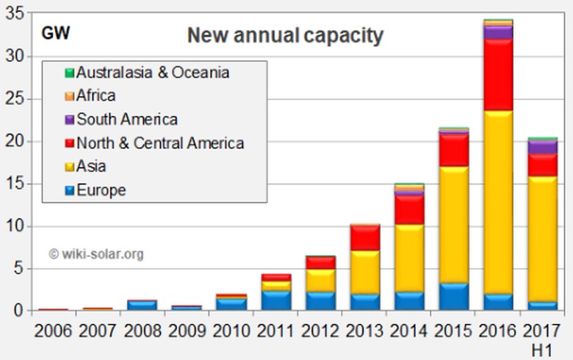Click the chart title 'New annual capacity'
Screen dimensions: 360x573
tap(285, 35)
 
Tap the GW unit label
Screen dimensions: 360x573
tap(55, 33)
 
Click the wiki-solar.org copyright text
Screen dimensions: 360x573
tap(96, 254)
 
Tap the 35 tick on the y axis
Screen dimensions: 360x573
tap(16, 13)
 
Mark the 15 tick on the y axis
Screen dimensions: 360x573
tap(16, 184)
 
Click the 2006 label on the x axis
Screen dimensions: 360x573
tap(53, 330)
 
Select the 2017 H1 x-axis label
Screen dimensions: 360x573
tap(542, 337)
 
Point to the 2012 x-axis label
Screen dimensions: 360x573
tap(320, 330)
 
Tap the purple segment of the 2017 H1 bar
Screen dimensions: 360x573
tap(542, 147)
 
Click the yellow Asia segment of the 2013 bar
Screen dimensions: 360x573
tap(364, 273)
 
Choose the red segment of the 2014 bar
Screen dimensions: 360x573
tap(409, 209)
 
